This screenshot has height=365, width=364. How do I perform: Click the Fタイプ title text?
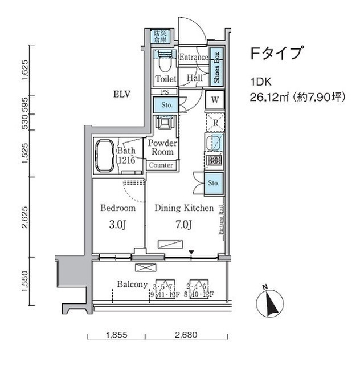tap(276, 54)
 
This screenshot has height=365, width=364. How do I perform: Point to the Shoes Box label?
tap(216, 67)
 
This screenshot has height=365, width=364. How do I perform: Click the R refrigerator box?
tap(215, 122)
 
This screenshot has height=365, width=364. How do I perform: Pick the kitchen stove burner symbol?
tap(215, 160)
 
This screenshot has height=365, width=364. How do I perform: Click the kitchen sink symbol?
tap(215, 142)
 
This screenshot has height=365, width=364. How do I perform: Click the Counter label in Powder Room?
tap(161, 165)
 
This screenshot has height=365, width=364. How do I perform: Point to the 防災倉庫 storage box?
tap(160, 36)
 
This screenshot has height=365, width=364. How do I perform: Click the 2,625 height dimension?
tap(25, 216)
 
